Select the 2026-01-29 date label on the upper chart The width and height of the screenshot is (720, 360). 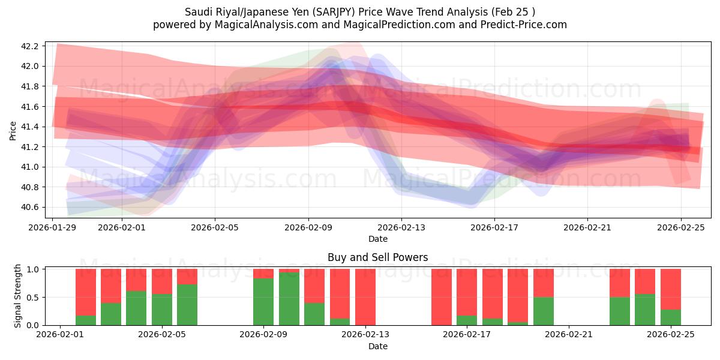52,227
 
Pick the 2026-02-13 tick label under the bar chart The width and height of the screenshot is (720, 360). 365,335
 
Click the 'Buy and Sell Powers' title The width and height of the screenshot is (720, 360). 377,257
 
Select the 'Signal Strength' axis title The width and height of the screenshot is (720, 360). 18,296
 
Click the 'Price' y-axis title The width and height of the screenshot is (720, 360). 13,130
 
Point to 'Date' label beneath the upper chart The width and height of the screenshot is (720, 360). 377,239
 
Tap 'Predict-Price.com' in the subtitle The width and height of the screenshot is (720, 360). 528,25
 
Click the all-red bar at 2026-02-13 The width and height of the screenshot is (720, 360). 365,297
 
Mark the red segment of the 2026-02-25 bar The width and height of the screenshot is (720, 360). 670,289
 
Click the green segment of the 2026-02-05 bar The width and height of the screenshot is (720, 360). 187,305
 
